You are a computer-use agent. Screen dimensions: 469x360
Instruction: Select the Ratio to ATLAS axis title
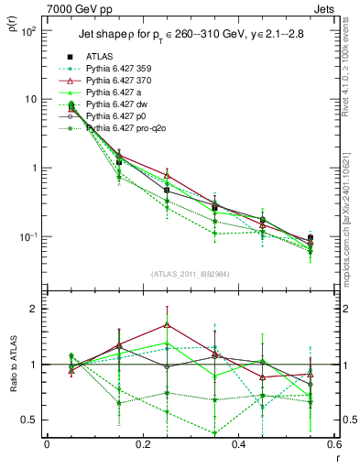[x=11, y=364]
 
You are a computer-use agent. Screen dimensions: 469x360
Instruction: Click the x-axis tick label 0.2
[x=142, y=444]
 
